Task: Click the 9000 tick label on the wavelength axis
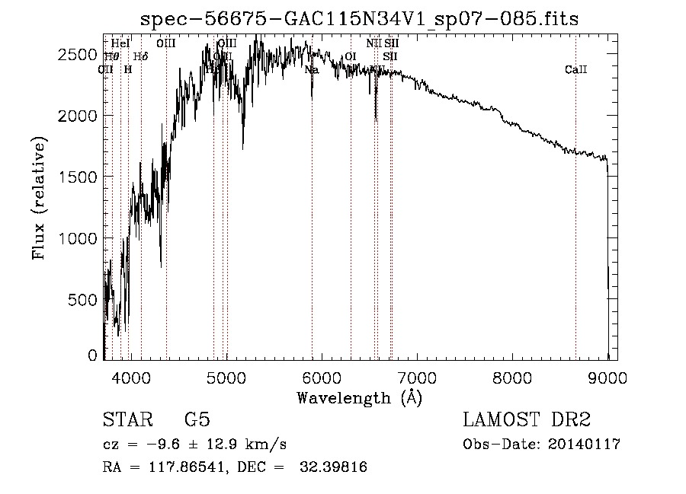pyautogui.click(x=607, y=377)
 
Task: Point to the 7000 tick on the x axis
pyautogui.click(x=417, y=377)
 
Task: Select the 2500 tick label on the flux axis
pyautogui.click(x=79, y=54)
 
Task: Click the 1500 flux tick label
pyautogui.click(x=79, y=177)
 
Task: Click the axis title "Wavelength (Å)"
pyautogui.click(x=359, y=397)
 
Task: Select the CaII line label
pyautogui.click(x=575, y=70)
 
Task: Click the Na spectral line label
pyautogui.click(x=311, y=70)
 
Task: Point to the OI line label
pyautogui.click(x=351, y=56)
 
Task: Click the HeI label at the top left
pyautogui.click(x=120, y=43)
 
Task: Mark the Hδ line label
pyautogui.click(x=140, y=56)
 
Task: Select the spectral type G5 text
pyautogui.click(x=197, y=420)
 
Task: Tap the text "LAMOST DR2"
pyautogui.click(x=527, y=420)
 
